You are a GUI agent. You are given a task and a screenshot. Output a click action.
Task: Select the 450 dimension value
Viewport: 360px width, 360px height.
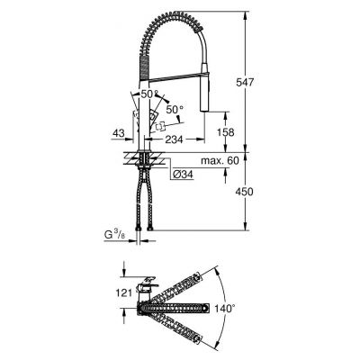tap(258, 191)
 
